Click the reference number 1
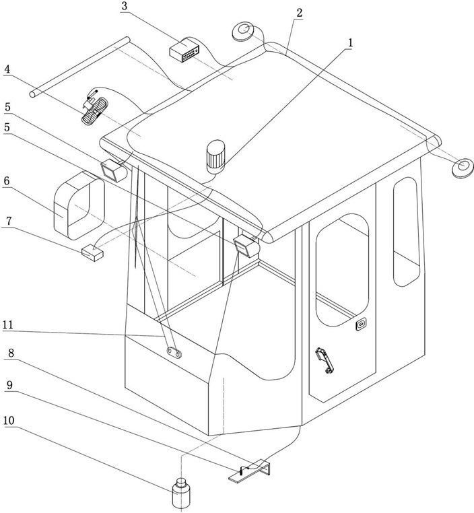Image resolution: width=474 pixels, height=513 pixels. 349,42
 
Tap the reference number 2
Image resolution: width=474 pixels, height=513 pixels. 299,13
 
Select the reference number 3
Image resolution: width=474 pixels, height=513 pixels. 125,6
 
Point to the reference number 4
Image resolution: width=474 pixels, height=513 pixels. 7,69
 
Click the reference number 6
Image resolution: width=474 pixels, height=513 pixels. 7,182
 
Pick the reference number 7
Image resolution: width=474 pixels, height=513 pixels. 7,220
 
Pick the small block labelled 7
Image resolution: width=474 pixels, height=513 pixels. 92,252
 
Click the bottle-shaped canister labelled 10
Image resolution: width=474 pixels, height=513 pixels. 180,494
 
